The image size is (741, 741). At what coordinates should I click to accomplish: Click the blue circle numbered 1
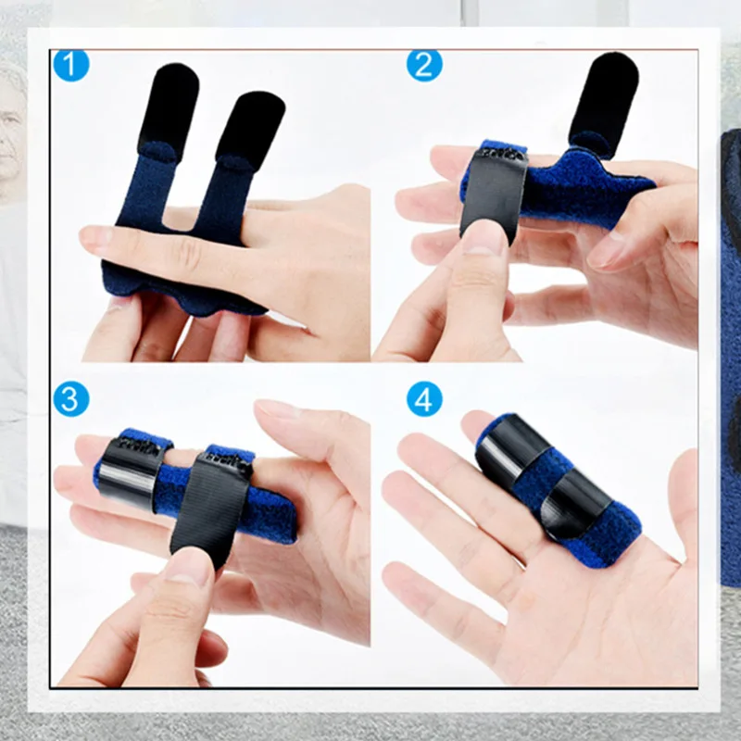pos(71,65)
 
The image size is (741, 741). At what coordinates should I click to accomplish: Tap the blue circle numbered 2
pos(424,65)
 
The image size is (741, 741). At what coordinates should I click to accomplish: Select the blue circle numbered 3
pos(71,399)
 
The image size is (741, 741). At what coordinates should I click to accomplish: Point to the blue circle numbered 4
pos(424,399)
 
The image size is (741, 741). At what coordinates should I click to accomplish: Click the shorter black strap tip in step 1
pos(250,129)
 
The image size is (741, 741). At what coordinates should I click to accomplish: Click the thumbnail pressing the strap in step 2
pos(484,238)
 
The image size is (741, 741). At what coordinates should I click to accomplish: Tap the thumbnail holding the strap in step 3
pos(188,566)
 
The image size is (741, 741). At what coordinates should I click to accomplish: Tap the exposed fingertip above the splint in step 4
pos(477,424)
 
